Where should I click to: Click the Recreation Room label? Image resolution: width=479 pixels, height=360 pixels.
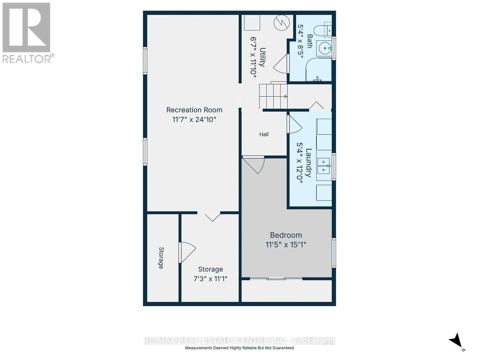coord(194,110)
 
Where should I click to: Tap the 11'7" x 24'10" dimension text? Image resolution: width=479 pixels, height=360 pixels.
coord(194,120)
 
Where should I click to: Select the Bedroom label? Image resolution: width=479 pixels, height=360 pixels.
coord(286,235)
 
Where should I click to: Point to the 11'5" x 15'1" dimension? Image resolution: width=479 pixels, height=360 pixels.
coord(286,244)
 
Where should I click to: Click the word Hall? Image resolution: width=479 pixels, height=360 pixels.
coord(264,134)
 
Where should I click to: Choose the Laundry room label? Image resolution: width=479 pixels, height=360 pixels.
coord(309,162)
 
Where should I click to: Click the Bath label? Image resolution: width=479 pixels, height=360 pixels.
coord(310,41)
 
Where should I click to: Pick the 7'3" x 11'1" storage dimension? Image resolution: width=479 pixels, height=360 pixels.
coord(210,279)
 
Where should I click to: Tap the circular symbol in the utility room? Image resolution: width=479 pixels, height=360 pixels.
coord(282,22)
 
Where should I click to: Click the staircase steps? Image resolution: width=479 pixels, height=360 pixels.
coord(273,96)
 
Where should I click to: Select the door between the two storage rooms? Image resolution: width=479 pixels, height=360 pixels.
coord(187,252)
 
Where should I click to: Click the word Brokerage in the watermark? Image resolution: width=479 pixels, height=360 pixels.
coord(314,340)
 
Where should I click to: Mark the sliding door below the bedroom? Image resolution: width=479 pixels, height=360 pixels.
coord(276,279)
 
